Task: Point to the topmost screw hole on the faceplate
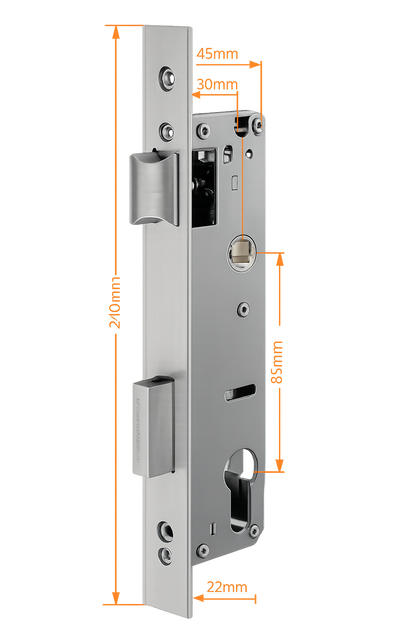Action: click(x=166, y=77)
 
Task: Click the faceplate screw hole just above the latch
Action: click(x=165, y=127)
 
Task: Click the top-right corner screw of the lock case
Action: click(x=257, y=123)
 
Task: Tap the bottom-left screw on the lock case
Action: click(x=203, y=550)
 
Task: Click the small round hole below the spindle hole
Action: click(x=242, y=310)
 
